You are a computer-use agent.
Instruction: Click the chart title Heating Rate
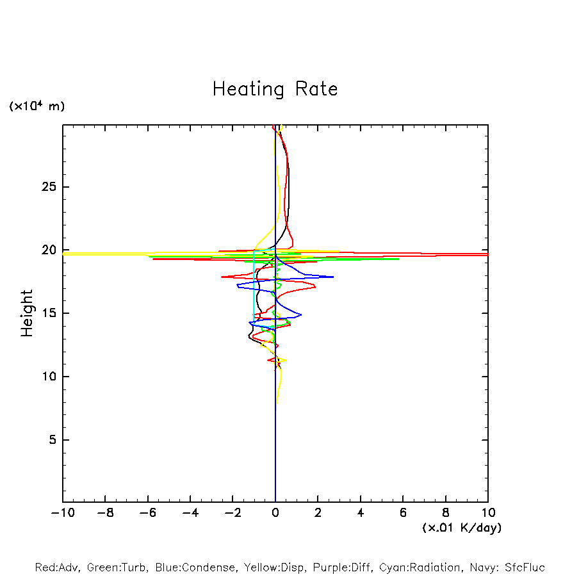275,89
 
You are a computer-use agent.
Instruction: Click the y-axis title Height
27,313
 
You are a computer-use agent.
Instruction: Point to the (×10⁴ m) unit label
37,106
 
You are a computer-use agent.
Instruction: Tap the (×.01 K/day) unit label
462,528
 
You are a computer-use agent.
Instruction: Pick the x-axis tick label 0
275,513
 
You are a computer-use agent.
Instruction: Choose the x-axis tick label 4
361,513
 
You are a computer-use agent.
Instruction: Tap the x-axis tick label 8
446,513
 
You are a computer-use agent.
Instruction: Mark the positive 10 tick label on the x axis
488,513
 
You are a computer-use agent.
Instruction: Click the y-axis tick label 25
49,187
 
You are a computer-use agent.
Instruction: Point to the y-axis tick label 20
49,250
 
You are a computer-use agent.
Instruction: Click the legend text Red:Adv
56,567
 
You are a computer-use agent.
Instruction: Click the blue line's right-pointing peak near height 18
332,277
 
